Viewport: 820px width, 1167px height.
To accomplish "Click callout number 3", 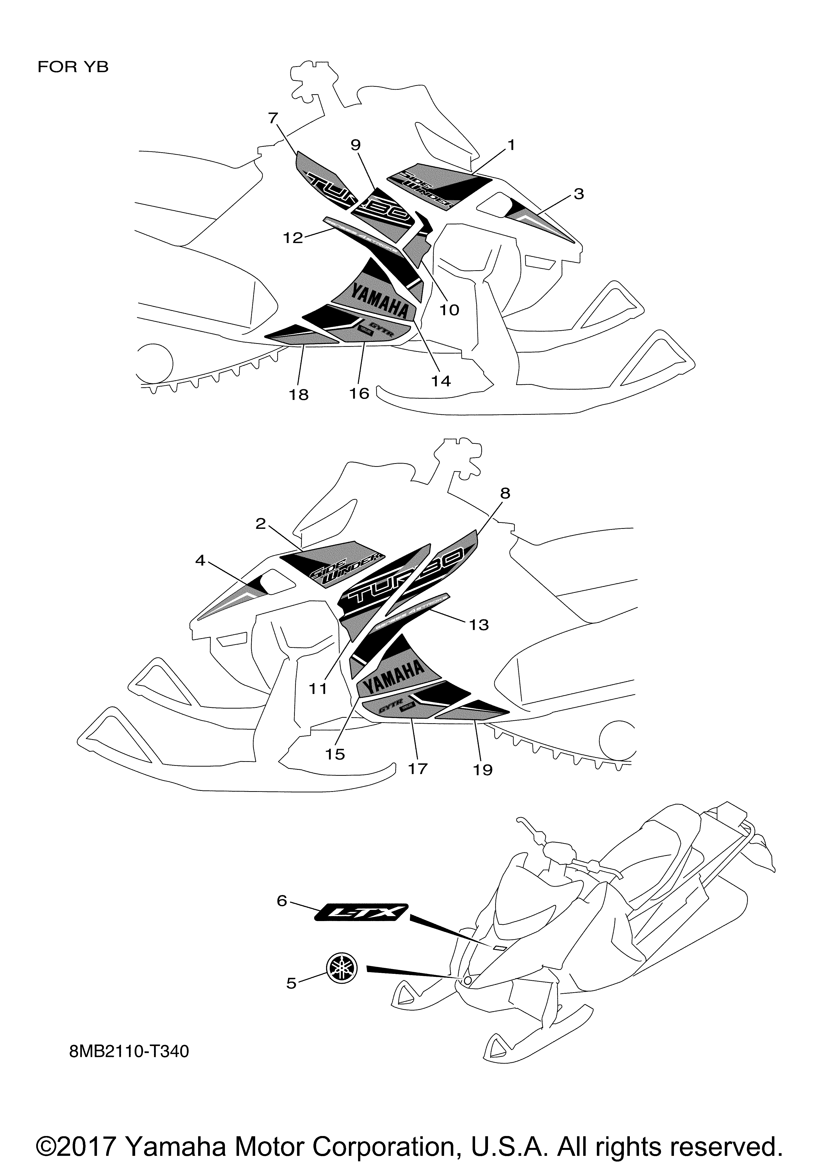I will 578,194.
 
